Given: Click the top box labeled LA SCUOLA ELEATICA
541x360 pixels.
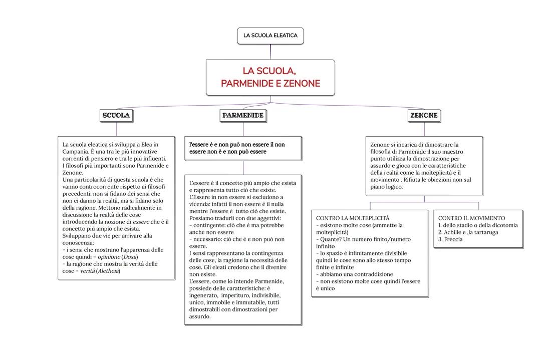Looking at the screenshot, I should tap(270, 36).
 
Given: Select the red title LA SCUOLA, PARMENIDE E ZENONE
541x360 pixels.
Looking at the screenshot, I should tap(270, 77).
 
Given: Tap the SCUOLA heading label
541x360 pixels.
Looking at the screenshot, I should tap(116, 116).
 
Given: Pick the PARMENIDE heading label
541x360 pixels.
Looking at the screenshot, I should tap(243, 116).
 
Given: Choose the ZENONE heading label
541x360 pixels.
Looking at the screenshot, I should tap(424, 116).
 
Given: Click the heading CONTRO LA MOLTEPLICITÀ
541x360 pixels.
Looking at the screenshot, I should tap(353, 218).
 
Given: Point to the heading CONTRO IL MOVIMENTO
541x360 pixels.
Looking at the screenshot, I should tap(471, 218).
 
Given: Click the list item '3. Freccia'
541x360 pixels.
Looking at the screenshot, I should tap(450, 239).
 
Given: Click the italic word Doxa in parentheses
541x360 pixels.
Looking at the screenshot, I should tap(130, 257).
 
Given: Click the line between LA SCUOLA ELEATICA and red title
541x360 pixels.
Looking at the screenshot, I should tap(270, 52).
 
